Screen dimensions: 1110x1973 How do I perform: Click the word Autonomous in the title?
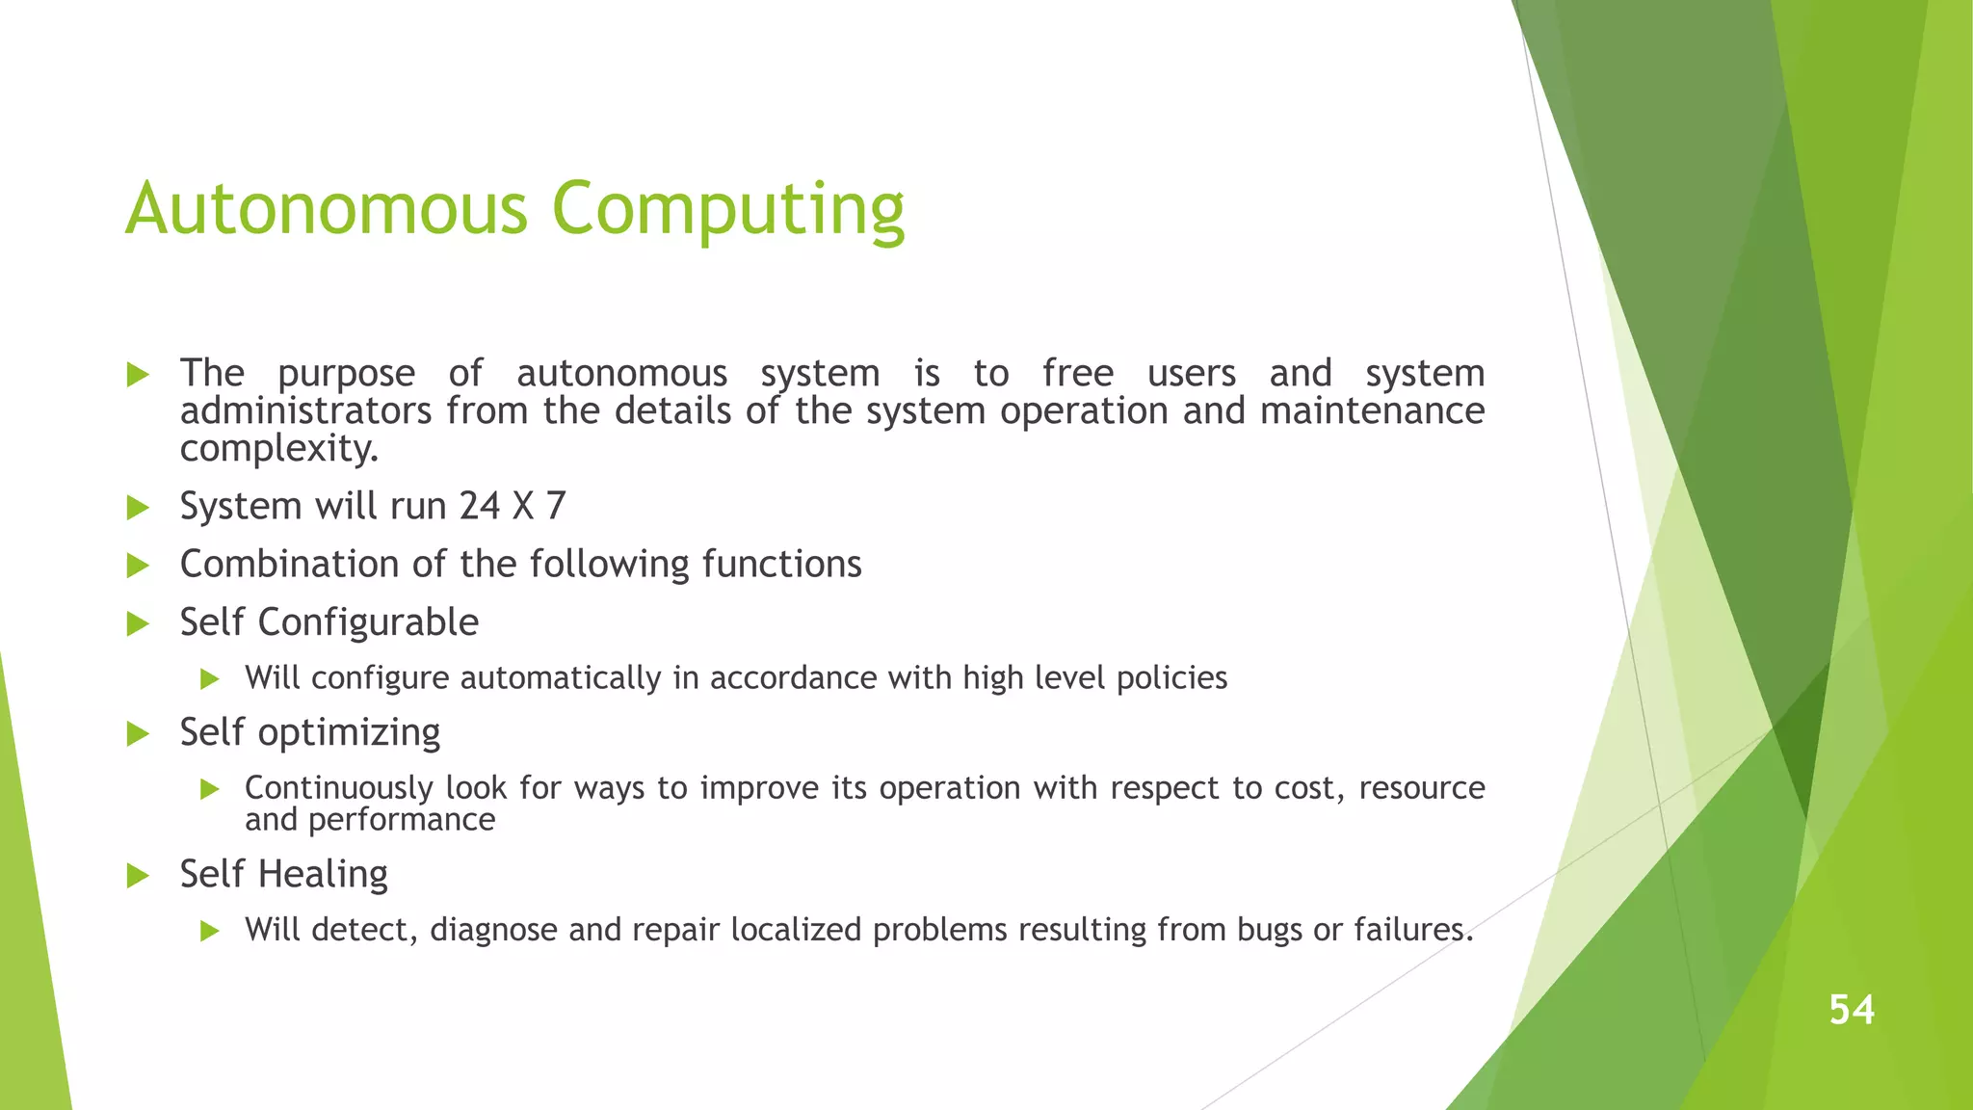[x=327, y=208]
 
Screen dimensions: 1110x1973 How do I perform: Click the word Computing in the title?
[x=728, y=210]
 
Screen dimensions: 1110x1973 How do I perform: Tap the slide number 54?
[x=1852, y=1010]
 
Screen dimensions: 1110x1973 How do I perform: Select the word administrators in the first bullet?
[x=305, y=411]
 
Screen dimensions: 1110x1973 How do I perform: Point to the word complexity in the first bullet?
[x=278, y=449]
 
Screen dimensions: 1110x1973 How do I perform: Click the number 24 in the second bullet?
[x=479, y=506]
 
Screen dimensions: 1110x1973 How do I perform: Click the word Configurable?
[x=368, y=622]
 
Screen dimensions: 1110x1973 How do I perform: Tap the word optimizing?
[x=349, y=733]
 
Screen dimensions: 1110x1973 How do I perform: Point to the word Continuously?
[x=338, y=788]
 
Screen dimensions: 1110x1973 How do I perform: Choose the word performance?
[x=401, y=820]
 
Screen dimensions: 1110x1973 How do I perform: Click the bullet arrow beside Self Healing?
[x=138, y=876]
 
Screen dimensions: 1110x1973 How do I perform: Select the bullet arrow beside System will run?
[x=138, y=508]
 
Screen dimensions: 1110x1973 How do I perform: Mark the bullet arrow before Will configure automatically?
[x=210, y=679]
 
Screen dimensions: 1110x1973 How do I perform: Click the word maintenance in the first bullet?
[x=1372, y=411]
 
